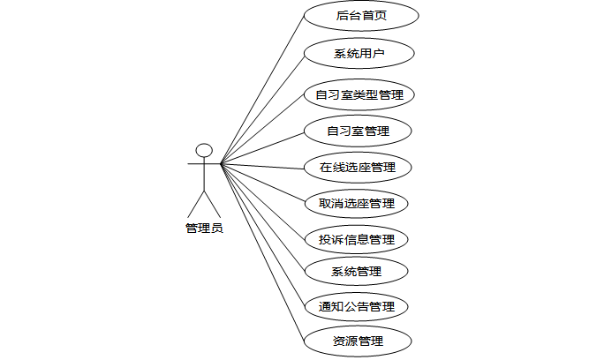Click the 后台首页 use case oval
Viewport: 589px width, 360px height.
coord(360,16)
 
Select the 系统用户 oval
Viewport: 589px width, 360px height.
coord(359,54)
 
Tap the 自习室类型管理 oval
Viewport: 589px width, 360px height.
coord(359,94)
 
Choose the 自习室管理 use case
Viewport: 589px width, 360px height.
coord(358,131)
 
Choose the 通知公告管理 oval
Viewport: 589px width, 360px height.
coord(357,307)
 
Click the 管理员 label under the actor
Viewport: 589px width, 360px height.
coord(204,228)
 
